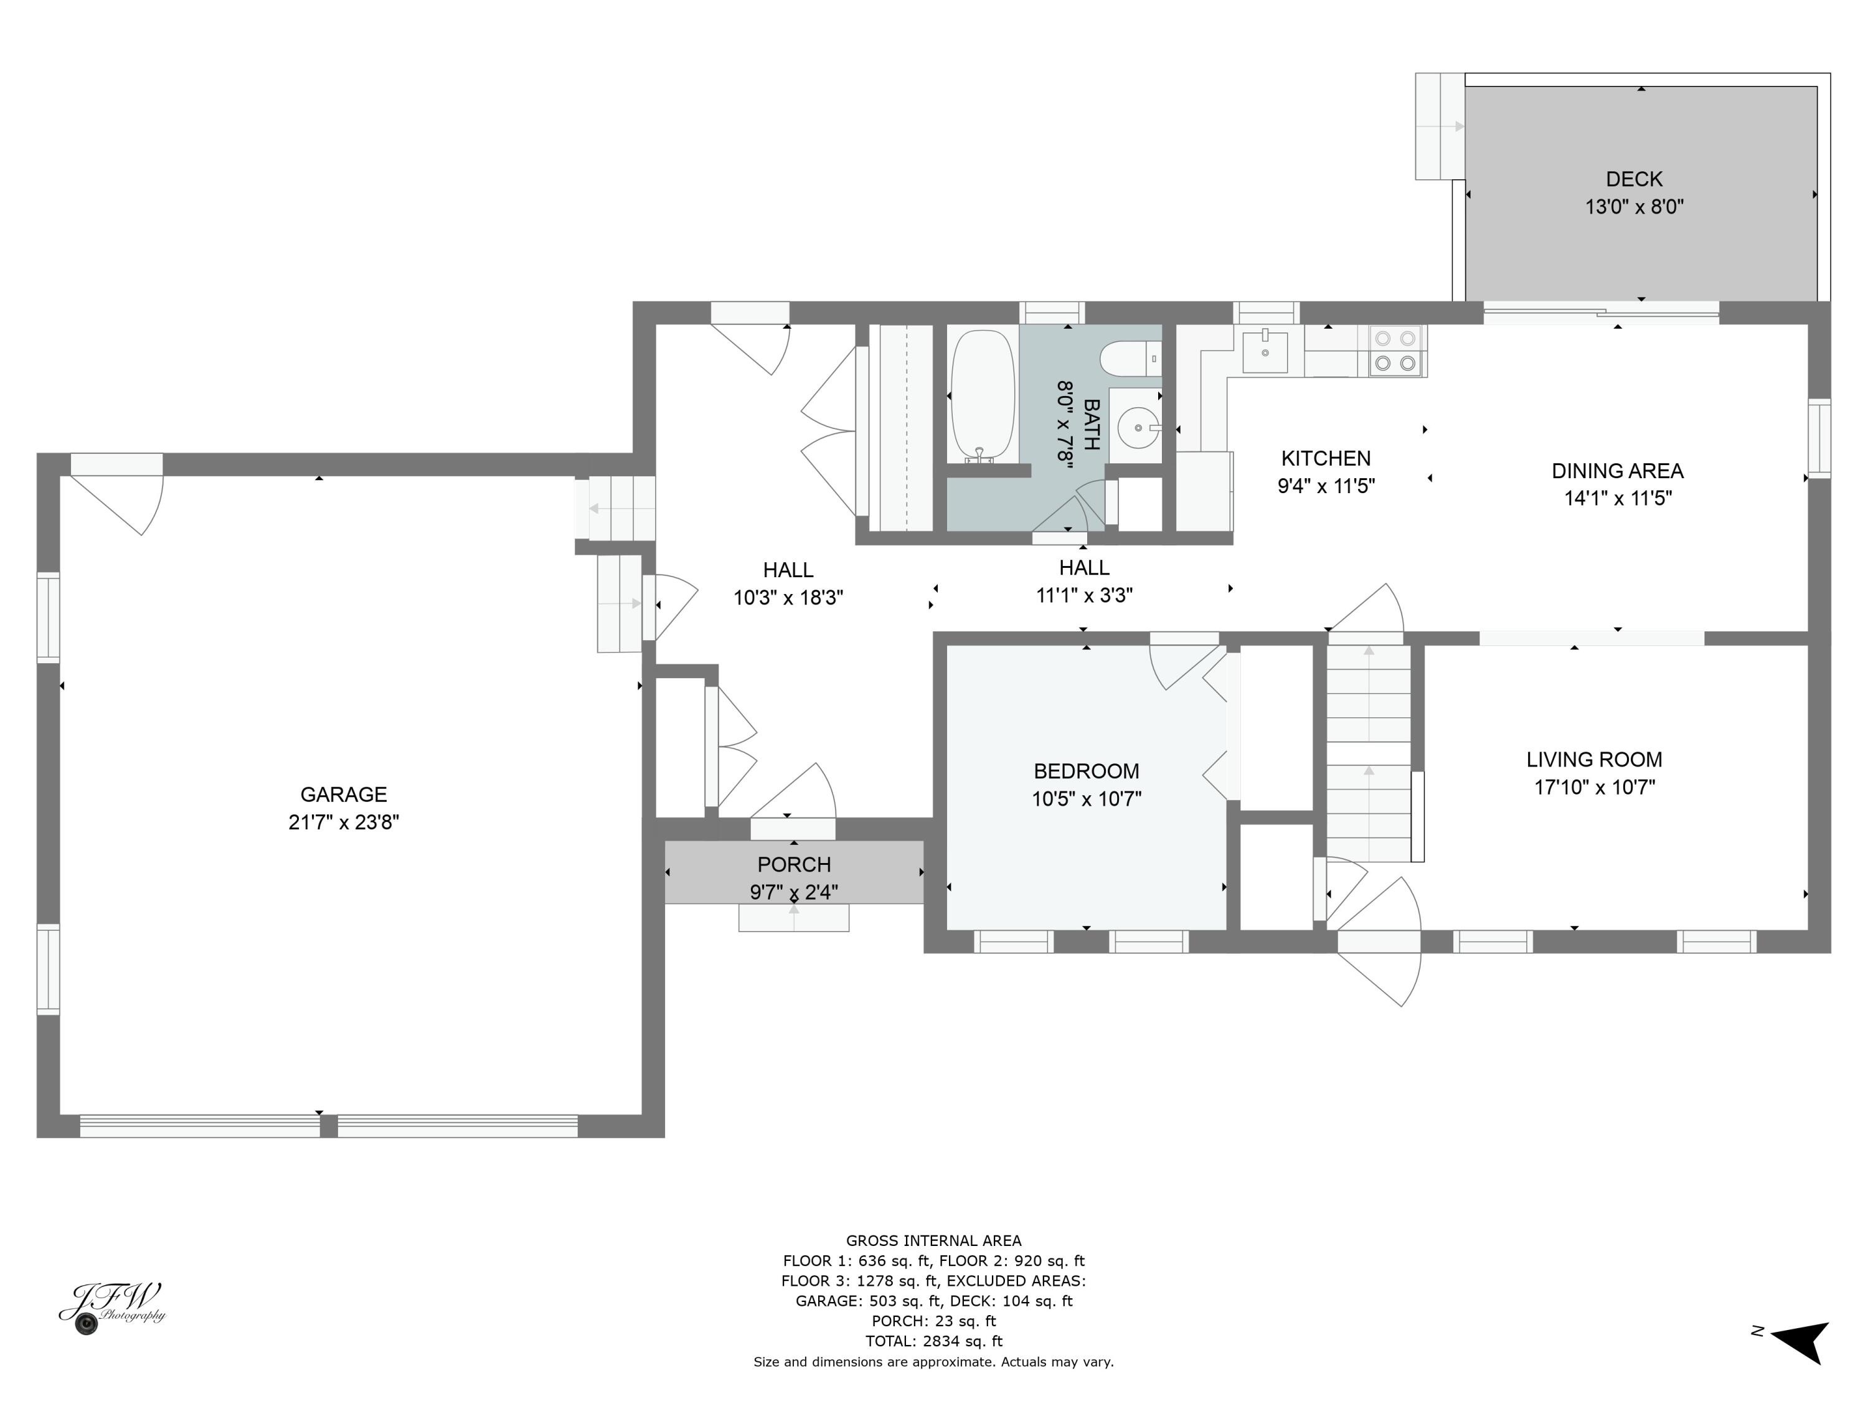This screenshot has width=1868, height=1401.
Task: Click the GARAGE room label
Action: (x=344, y=794)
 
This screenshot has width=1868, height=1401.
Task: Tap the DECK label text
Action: (x=1634, y=179)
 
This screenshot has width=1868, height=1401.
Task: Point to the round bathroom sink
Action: (x=1138, y=428)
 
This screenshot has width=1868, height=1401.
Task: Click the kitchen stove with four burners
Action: (x=1395, y=351)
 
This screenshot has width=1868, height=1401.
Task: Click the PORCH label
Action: (x=794, y=865)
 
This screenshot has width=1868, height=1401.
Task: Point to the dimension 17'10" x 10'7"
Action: (x=1595, y=787)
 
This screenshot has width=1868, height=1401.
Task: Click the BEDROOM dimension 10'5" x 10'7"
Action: (x=1086, y=799)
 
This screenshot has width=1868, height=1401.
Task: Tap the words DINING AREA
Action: (x=1617, y=471)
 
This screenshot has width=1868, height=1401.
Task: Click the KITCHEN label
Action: (x=1326, y=458)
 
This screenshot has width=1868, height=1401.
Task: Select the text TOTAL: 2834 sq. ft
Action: (x=934, y=1341)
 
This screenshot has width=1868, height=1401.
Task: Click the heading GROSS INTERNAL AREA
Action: (x=934, y=1240)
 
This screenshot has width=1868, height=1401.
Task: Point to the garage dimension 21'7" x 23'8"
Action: (x=344, y=823)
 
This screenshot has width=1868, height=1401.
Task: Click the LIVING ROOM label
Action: (x=1595, y=759)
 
